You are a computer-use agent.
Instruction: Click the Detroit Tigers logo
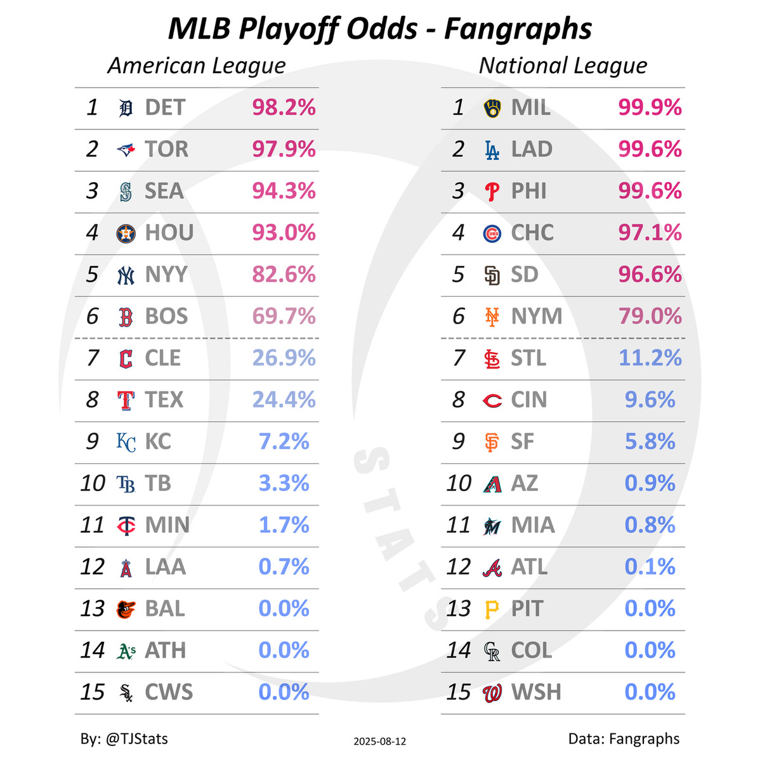(126, 108)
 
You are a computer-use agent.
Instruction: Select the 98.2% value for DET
(284, 108)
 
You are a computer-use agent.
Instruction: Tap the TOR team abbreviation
(166, 149)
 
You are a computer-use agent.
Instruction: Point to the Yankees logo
(126, 275)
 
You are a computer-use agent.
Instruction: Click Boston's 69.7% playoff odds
(284, 316)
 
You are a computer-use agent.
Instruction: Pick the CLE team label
(162, 358)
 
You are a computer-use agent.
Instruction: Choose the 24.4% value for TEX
(284, 400)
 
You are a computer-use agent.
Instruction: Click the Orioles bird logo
(126, 609)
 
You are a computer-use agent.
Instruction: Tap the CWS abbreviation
(168, 692)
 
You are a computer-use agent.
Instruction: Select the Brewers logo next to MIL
(492, 108)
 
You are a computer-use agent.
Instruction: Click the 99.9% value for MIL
(650, 108)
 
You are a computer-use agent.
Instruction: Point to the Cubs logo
(492, 233)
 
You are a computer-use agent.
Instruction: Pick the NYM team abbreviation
(536, 316)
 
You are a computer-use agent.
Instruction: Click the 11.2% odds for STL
(650, 358)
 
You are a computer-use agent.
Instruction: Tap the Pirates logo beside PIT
(492, 609)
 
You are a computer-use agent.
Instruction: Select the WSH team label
(535, 692)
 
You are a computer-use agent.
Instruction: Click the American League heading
(196, 65)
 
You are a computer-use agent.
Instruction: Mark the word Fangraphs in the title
(518, 29)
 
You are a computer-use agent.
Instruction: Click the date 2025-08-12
(380, 741)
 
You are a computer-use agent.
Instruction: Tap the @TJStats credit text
(136, 738)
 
